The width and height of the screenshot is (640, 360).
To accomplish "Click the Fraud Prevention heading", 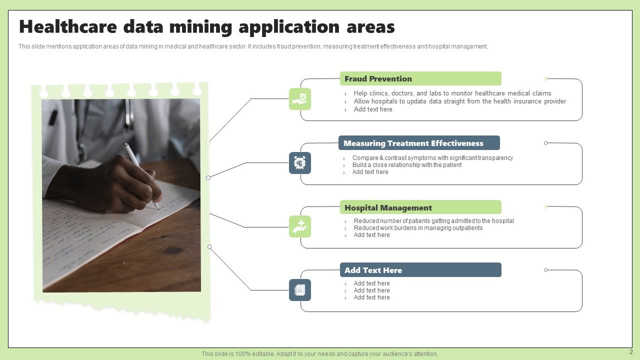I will coord(378,79).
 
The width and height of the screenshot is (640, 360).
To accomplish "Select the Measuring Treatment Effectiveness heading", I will coord(413,143).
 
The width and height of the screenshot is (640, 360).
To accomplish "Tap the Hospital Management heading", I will coord(388,208).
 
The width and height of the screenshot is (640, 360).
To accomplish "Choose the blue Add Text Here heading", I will coord(373,270).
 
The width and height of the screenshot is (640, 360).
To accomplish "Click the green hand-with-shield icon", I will coord(300,99).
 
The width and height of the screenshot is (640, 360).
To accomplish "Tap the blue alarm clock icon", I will coord(300,163).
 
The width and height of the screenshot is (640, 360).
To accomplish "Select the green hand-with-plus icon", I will coord(300,226).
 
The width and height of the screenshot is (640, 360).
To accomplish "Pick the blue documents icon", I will coord(300,290).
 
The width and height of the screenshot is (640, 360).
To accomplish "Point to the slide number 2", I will coord(630,352).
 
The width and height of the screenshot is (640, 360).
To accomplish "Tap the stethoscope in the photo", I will coord(128,112).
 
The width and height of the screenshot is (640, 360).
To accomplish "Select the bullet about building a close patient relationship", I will coord(406,165).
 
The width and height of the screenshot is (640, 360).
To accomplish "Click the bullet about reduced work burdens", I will coord(418,228).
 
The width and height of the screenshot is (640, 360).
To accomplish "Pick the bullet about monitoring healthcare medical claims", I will coord(452,93).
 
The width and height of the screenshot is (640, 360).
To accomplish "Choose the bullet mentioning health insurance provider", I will coord(459,101).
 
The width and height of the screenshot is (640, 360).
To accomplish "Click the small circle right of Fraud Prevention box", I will coord(545,78).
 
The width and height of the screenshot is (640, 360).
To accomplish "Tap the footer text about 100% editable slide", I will coord(319,354).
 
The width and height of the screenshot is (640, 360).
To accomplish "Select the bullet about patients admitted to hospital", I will coord(433,221).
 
